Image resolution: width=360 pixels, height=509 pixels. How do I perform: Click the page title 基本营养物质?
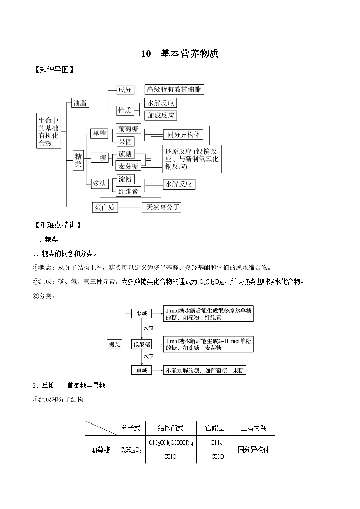tap(190, 54)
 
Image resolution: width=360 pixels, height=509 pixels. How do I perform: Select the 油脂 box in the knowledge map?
tap(80, 103)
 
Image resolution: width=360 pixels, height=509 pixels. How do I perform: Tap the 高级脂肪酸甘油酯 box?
tap(174, 89)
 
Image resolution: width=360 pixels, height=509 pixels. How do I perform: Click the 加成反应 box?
tap(161, 115)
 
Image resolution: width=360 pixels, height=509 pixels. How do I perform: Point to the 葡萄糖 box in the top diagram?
tap(128, 129)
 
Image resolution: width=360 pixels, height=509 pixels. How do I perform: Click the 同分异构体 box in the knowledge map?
tap(183, 135)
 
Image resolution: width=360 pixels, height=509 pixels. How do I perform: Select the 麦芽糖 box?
tap(128, 166)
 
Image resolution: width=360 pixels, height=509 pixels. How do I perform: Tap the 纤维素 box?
tap(128, 191)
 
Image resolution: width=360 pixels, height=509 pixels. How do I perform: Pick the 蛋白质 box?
tap(105, 207)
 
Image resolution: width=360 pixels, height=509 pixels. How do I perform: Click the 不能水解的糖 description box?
tap(205, 370)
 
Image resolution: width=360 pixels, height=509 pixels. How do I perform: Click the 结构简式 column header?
tap(170, 428)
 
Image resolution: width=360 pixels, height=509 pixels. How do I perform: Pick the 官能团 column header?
tap(214, 428)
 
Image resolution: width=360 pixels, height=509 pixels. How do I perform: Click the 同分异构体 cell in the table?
tap(253, 450)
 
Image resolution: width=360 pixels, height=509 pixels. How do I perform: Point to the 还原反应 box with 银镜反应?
tap(192, 159)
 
